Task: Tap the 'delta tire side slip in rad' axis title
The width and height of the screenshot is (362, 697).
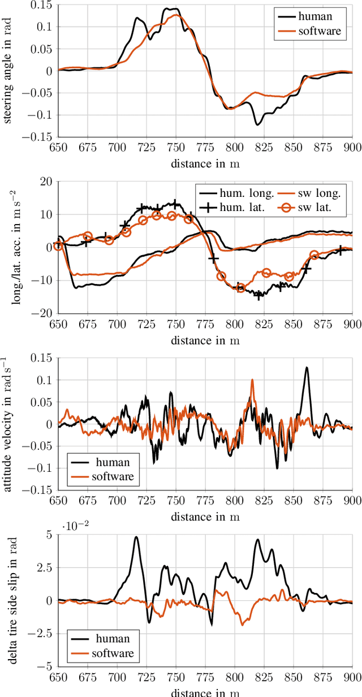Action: (10, 601)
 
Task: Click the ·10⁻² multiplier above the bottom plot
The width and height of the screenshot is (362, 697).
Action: (71, 525)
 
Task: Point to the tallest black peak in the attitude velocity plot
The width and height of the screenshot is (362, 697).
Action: (307, 368)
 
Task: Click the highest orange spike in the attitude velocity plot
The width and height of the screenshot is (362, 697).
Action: (252, 380)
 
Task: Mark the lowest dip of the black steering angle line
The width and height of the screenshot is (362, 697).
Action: (257, 124)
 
